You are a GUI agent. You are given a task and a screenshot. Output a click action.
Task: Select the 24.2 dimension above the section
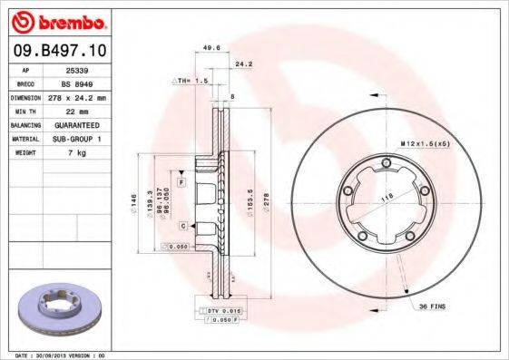point(243,64)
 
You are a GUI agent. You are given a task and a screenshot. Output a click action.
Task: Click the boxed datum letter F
point(181,183)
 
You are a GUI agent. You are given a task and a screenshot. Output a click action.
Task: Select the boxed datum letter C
point(182,225)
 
